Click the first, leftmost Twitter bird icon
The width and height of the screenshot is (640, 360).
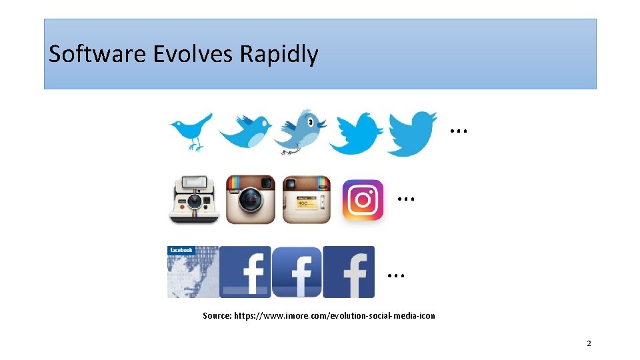[x=191, y=131]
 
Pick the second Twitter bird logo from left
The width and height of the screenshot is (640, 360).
[x=245, y=131]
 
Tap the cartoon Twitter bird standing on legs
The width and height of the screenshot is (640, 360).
[x=301, y=131]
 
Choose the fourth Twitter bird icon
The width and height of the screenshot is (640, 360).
[x=356, y=133]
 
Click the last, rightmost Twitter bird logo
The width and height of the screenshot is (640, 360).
[x=412, y=133]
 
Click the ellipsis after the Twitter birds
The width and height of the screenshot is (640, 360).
[x=458, y=130]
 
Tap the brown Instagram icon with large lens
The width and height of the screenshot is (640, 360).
[x=250, y=199]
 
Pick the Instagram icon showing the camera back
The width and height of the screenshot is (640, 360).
[x=307, y=199]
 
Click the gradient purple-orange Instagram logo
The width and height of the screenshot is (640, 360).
[x=363, y=200]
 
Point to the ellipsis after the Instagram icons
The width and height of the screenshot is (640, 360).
[x=405, y=197]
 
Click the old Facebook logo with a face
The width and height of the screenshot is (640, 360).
[x=192, y=271]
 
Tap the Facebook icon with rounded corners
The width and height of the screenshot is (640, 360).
[x=297, y=272]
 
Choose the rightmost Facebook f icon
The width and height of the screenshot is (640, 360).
[x=349, y=272]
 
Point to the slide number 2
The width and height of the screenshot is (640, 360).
[x=589, y=343]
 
